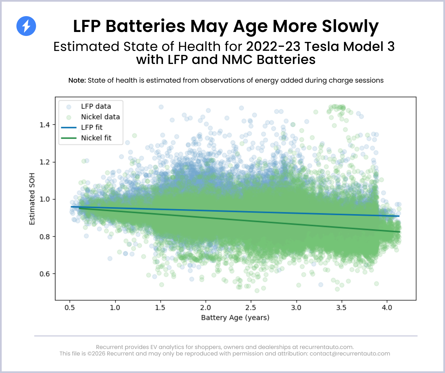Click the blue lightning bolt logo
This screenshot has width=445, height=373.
coord(26,26)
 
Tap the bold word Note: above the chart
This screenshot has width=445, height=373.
coord(77,80)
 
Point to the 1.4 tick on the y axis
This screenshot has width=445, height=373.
coord(45,125)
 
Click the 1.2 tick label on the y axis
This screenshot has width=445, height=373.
coord(45,162)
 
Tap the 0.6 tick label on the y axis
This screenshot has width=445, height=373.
coord(45,274)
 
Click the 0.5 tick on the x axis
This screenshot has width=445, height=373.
coord(70,308)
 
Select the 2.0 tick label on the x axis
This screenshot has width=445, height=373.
coord(206,308)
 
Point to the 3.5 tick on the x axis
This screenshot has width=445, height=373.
coord(341,308)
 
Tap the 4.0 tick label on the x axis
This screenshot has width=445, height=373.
coord(387,308)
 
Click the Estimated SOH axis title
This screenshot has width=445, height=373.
coord(32,199)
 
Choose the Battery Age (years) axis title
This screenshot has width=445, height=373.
coord(235,318)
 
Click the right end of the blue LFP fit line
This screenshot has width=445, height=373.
coord(399,216)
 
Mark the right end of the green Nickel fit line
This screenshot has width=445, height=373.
coord(400,232)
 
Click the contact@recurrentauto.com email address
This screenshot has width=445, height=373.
coord(350,353)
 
